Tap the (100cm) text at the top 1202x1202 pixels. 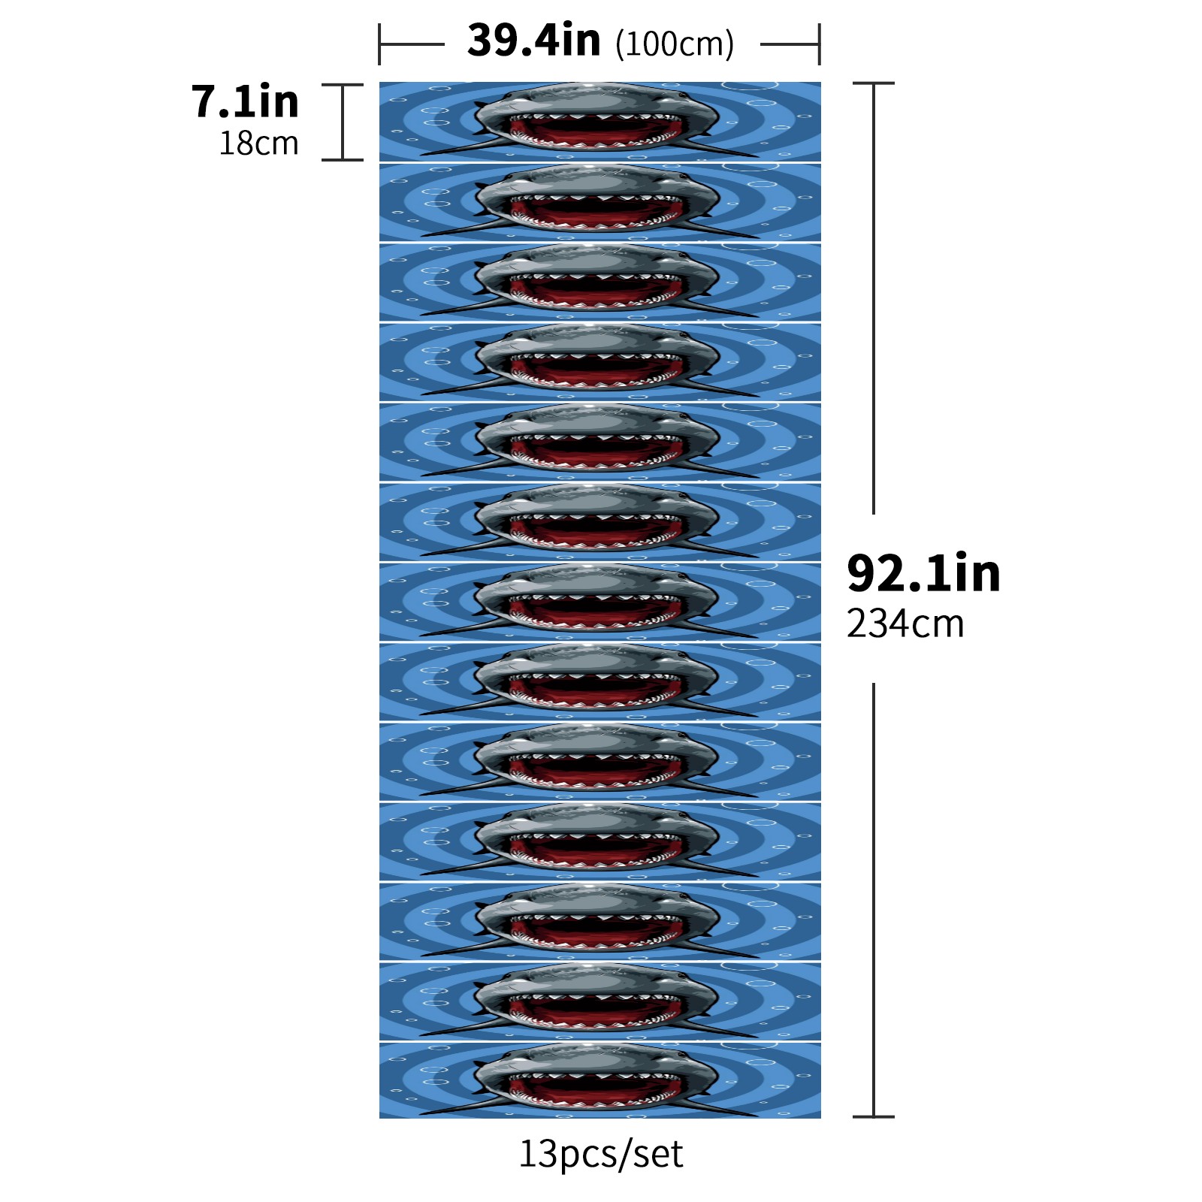[675, 44]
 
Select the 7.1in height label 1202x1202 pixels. [245, 101]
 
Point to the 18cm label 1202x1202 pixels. [258, 143]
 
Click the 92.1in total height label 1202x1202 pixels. [923, 573]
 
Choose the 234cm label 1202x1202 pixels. [905, 623]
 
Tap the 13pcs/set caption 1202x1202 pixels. [601, 1154]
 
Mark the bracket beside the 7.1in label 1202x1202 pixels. [343, 122]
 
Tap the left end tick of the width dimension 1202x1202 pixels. [380, 44]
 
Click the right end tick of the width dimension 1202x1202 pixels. [819, 44]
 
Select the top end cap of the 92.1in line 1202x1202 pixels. [874, 83]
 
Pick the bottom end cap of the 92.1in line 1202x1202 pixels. [874, 1116]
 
